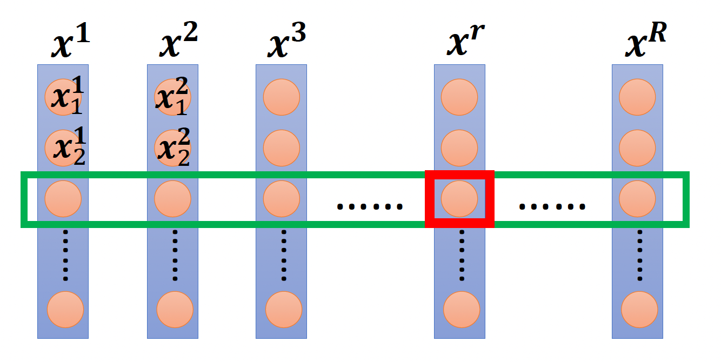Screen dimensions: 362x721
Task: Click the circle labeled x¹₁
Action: click(63, 97)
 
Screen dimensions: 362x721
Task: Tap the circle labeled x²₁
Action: click(172, 97)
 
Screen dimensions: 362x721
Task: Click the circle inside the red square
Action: click(459, 199)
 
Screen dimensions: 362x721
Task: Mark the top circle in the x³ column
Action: click(282, 97)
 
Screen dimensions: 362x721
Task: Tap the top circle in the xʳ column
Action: click(459, 97)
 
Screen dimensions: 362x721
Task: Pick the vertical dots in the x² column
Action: click(175, 255)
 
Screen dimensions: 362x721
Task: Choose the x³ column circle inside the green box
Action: click(282, 199)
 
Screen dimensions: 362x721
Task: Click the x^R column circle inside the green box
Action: click(637, 199)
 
